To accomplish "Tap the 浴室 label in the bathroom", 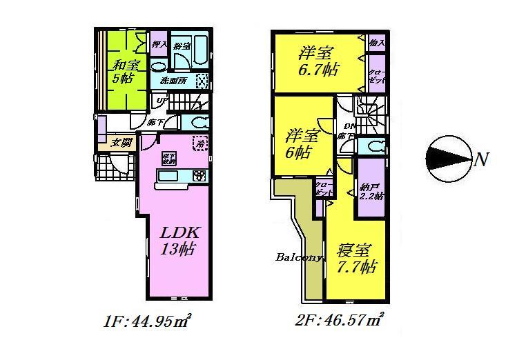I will (x=182, y=46).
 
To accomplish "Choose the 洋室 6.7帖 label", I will (x=315, y=61).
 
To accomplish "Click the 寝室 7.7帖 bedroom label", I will (x=356, y=258).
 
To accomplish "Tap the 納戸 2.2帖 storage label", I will (x=370, y=190).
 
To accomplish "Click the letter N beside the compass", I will (x=481, y=161).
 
